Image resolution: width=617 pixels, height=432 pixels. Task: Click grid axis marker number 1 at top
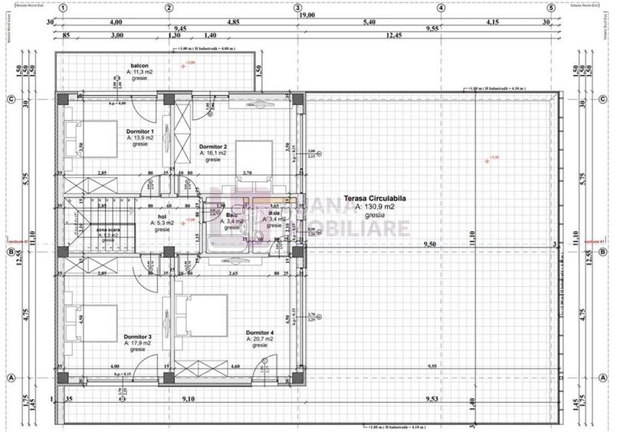tap(64, 8)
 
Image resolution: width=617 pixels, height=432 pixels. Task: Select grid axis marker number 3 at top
tap(297, 8)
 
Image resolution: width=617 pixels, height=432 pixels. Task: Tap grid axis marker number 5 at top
tap(550, 8)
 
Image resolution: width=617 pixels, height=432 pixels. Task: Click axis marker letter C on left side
tap(11, 99)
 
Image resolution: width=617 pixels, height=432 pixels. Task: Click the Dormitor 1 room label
tap(140, 131)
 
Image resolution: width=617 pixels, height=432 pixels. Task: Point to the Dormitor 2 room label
tap(213, 146)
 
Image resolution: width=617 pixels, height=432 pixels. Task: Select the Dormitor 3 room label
tap(139, 336)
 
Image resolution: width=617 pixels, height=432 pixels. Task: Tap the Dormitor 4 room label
tap(260, 331)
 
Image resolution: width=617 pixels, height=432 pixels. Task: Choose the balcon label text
tap(139, 67)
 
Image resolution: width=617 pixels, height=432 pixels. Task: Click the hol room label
tap(162, 217)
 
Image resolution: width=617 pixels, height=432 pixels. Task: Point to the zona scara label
tap(108, 229)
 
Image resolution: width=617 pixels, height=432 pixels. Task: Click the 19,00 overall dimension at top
tap(307, 15)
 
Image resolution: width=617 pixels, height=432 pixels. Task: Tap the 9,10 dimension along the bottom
tap(187, 398)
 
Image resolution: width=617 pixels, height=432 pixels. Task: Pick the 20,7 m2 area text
tap(260, 338)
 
